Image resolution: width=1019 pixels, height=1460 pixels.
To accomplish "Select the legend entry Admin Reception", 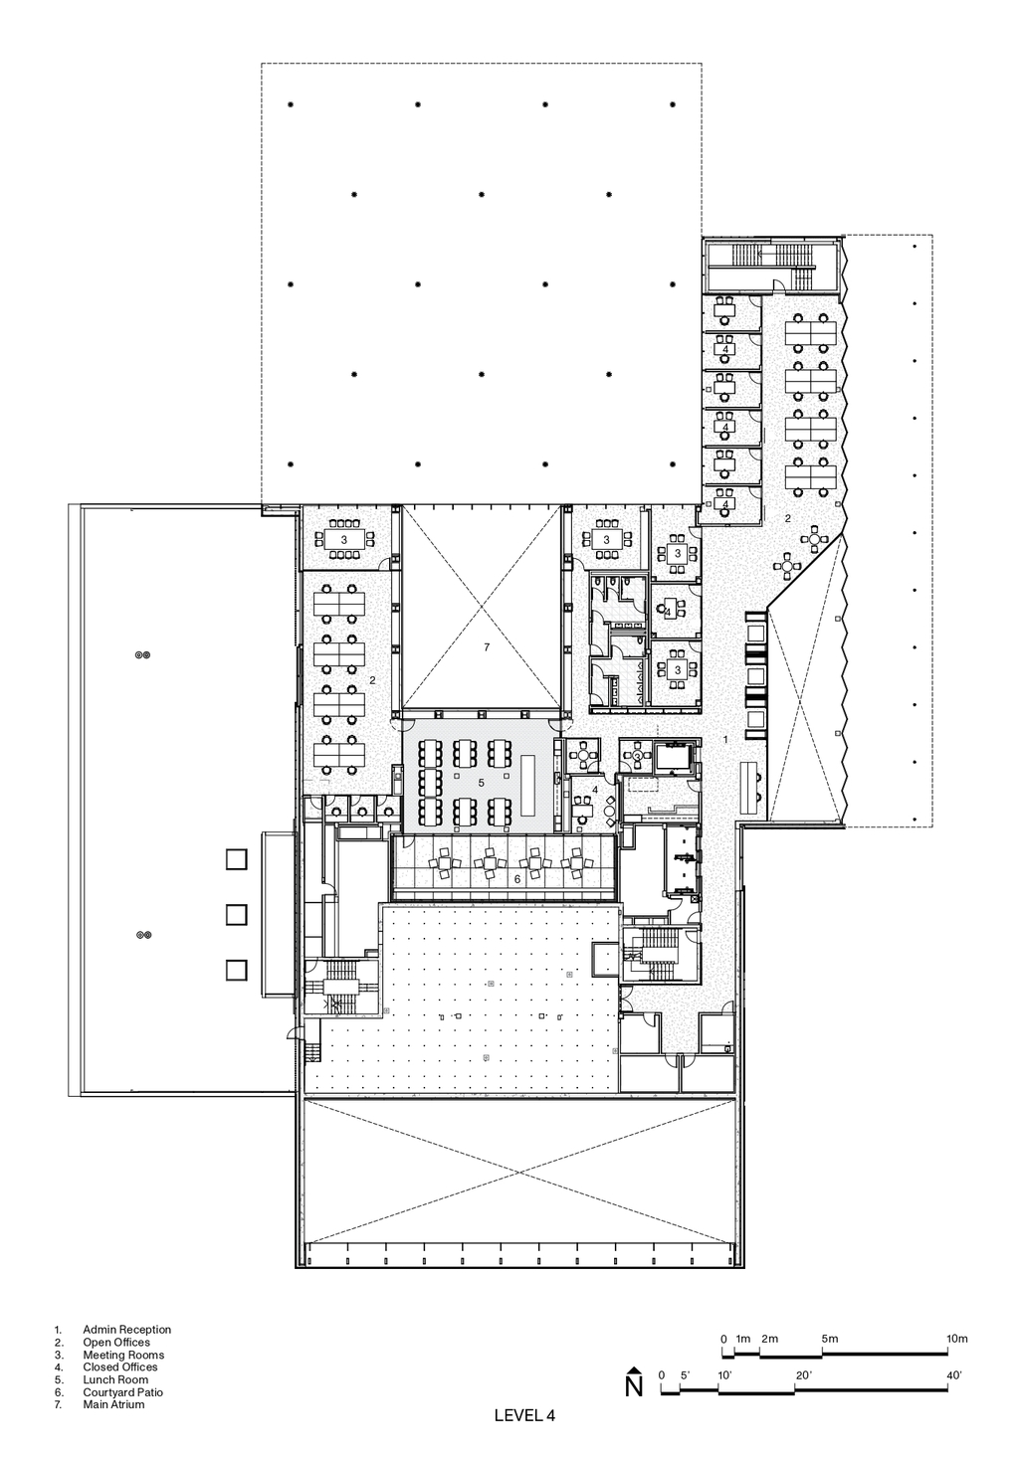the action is pos(126,1330).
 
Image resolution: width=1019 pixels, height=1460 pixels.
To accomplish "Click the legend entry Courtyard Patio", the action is pos(122,1392).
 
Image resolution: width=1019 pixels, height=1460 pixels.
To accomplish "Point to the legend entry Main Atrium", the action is pos(113,1404).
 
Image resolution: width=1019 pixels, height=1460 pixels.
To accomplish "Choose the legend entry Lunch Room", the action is pos(115,1379).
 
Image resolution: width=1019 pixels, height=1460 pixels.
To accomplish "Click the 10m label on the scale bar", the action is pos(957,1339).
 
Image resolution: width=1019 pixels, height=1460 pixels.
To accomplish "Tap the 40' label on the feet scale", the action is pos(953,1375).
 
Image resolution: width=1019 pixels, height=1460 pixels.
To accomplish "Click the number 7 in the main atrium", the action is pos(487,646).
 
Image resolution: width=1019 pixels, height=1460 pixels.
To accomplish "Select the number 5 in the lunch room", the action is pos(482,782).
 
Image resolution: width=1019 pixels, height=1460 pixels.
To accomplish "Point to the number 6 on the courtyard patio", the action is pos(517,879).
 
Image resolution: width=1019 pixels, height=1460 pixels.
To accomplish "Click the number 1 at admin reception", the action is pos(725,739).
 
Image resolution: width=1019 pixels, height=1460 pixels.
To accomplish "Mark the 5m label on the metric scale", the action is pos(829,1339).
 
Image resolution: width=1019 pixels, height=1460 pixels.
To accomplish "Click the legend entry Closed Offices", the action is pos(120,1367).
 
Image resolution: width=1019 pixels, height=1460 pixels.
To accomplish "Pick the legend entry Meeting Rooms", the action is pos(123,1355).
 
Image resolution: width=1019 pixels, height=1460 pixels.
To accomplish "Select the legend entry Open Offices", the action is pos(116,1342).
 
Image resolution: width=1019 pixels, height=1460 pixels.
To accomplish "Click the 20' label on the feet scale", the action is pos(802,1375).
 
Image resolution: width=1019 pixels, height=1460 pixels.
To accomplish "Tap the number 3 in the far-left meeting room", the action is pos(343,540).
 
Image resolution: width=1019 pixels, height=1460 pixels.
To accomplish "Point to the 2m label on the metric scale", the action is pos(769,1339).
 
